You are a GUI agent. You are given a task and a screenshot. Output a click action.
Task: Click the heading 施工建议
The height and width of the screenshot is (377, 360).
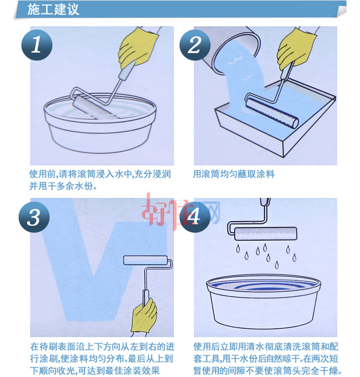tap(53, 10)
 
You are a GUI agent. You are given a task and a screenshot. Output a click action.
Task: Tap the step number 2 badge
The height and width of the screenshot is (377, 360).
tap(195, 46)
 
